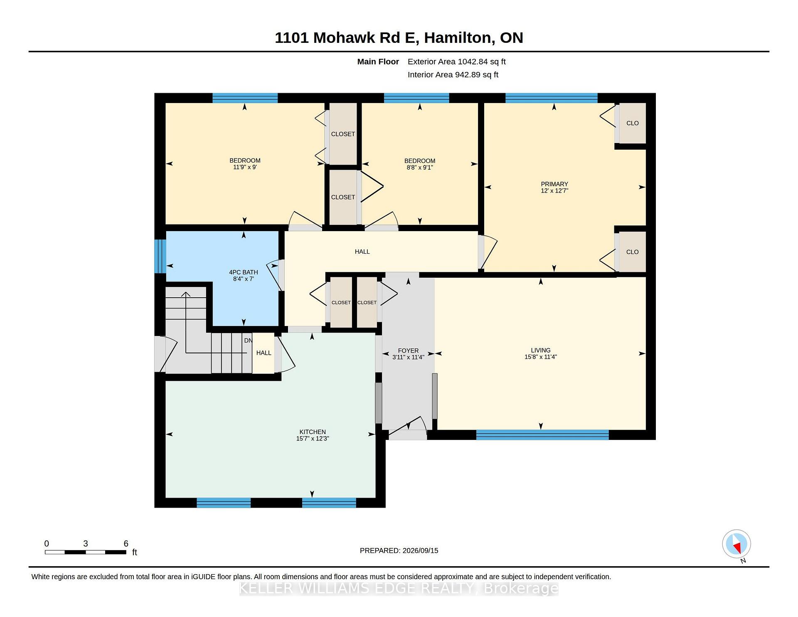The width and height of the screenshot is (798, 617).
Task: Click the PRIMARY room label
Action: point(554,184)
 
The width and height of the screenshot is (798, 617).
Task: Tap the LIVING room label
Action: point(540,350)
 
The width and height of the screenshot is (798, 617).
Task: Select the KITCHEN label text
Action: point(313,432)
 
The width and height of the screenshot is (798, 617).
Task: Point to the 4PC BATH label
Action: point(244,272)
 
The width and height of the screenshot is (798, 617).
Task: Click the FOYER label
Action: point(408,351)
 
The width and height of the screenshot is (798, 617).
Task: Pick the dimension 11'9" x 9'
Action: point(245,167)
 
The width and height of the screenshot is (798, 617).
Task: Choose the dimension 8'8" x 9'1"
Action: point(420,168)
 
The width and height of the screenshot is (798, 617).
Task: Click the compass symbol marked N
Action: point(736,544)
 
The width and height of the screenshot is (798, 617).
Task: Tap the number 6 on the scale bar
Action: point(126,543)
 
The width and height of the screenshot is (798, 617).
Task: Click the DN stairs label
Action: point(248,341)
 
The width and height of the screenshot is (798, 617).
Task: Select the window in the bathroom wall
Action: point(160,256)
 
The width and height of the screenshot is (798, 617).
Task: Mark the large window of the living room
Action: point(542,435)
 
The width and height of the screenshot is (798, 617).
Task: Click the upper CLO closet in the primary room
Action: point(632,123)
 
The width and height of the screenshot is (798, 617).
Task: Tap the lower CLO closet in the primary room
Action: point(632,252)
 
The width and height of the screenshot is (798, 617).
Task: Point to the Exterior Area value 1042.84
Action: point(473,62)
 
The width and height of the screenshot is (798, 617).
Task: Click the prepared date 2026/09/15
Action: point(420,550)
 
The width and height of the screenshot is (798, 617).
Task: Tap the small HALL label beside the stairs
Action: point(264,353)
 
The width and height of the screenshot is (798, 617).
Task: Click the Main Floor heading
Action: point(378,62)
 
